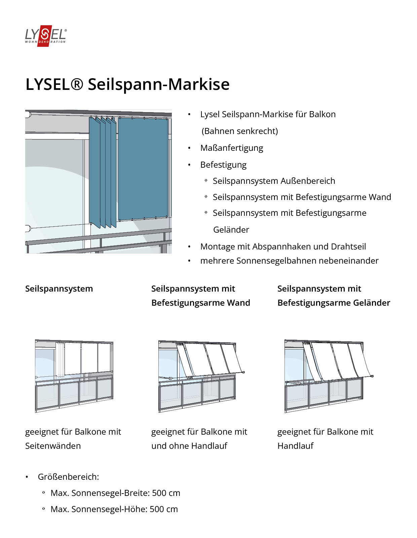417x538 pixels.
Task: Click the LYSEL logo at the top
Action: (x=46, y=35)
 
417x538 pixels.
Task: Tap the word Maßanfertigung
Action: (x=231, y=148)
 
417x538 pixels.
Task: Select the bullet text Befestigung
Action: (x=223, y=165)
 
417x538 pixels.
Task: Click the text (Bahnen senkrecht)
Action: (x=239, y=131)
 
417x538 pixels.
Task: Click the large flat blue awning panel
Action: (x=143, y=168)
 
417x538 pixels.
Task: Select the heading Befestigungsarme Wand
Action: (x=200, y=303)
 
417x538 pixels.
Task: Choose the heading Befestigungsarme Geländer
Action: (x=334, y=303)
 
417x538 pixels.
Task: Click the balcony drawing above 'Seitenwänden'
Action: (x=74, y=376)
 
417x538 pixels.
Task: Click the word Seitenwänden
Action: (x=53, y=446)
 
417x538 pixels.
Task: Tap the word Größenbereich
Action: (x=68, y=477)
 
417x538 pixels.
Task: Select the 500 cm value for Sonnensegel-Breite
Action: (x=166, y=493)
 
